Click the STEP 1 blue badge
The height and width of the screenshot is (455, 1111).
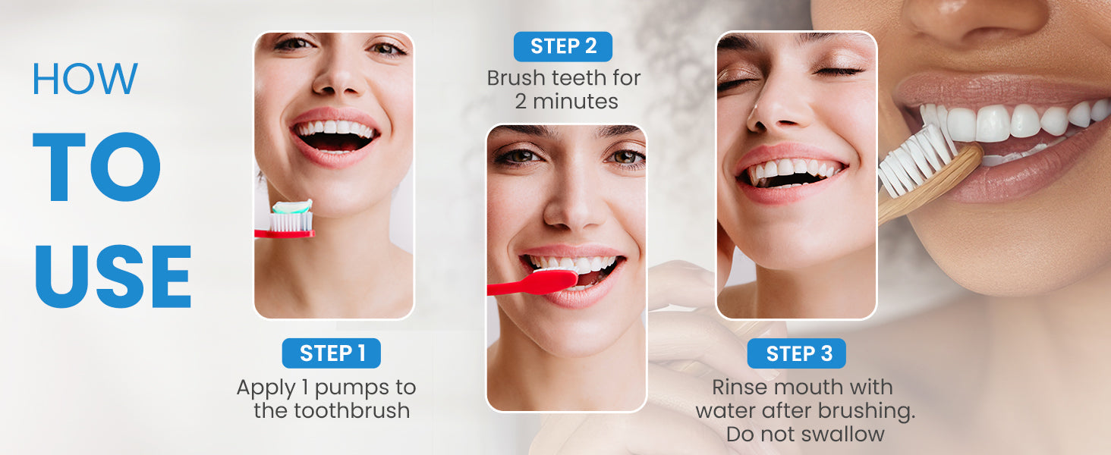(332, 353)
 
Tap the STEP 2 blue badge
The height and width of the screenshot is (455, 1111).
(563, 46)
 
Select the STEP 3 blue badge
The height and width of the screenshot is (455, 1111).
(797, 353)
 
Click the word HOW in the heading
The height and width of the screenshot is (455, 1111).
(85, 78)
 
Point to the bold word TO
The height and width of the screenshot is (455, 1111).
(96, 167)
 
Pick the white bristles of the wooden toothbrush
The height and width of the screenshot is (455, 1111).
(915, 158)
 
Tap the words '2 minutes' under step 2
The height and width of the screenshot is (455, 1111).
(566, 102)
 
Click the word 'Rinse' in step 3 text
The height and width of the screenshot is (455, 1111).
(739, 387)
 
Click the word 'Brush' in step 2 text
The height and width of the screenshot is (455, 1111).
(516, 78)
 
